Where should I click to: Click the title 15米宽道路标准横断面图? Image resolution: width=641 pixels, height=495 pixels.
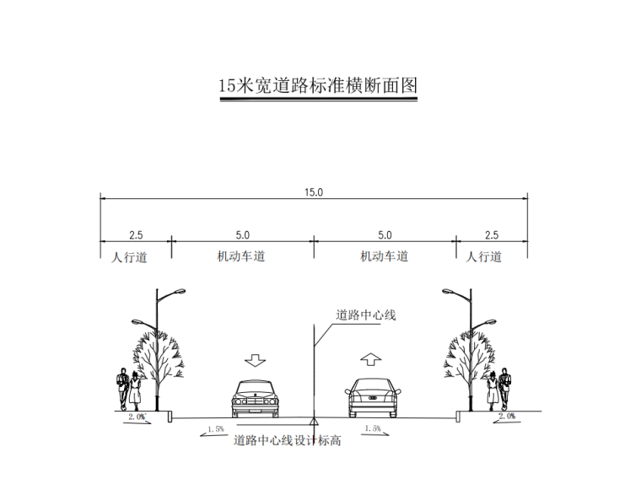(318, 86)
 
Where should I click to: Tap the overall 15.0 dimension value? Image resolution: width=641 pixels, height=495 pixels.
(314, 192)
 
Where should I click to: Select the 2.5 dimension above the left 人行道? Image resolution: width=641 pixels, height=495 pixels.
(136, 235)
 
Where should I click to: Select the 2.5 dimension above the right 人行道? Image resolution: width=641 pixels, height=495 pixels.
(491, 235)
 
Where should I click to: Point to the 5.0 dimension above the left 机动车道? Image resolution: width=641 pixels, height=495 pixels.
(242, 235)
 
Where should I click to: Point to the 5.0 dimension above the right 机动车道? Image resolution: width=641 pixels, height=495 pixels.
(385, 235)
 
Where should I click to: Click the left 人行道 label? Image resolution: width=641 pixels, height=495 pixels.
(129, 257)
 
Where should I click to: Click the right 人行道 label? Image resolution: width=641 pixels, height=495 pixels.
(484, 257)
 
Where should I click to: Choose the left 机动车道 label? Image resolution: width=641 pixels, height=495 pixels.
(240, 256)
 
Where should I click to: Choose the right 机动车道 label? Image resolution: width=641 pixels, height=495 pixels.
(384, 256)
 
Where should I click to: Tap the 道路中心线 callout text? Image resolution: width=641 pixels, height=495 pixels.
(366, 315)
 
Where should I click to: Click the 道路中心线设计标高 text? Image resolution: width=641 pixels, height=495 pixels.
(287, 440)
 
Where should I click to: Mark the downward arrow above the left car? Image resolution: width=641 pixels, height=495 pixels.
(255, 359)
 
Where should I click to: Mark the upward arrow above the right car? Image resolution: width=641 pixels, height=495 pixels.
(370, 358)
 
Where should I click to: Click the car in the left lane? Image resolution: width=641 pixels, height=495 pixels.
(254, 399)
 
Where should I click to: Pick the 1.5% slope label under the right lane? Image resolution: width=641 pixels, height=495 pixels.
(371, 428)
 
